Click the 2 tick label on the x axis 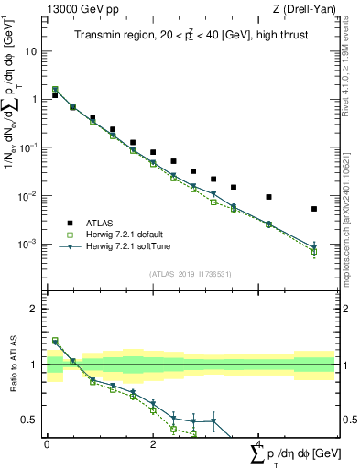(x=152, y=442)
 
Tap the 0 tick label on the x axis (x=47, y=442)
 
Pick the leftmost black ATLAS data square (x=55, y=95)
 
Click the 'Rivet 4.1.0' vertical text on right (x=352, y=73)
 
